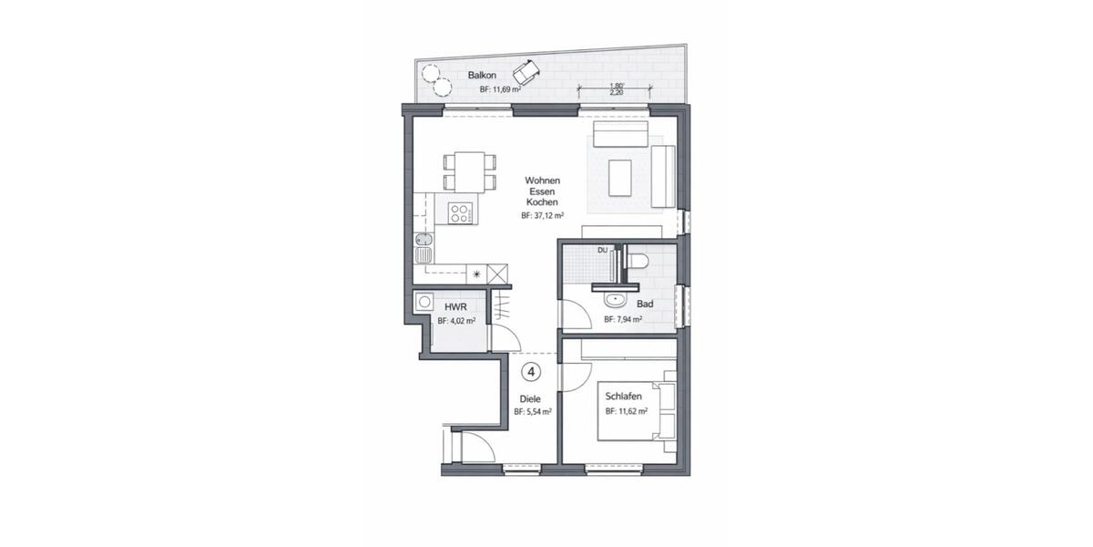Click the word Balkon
[x=481, y=75]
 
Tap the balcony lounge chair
[x=525, y=70]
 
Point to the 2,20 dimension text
[x=618, y=92]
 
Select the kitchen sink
[x=424, y=246]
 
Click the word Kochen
[x=541, y=202]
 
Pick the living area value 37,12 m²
[x=543, y=217]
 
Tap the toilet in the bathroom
[x=637, y=262]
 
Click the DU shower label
[x=602, y=250]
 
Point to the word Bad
[x=645, y=304]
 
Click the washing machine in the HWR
[x=424, y=303]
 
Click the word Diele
[x=530, y=398]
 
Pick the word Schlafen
[x=625, y=397]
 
